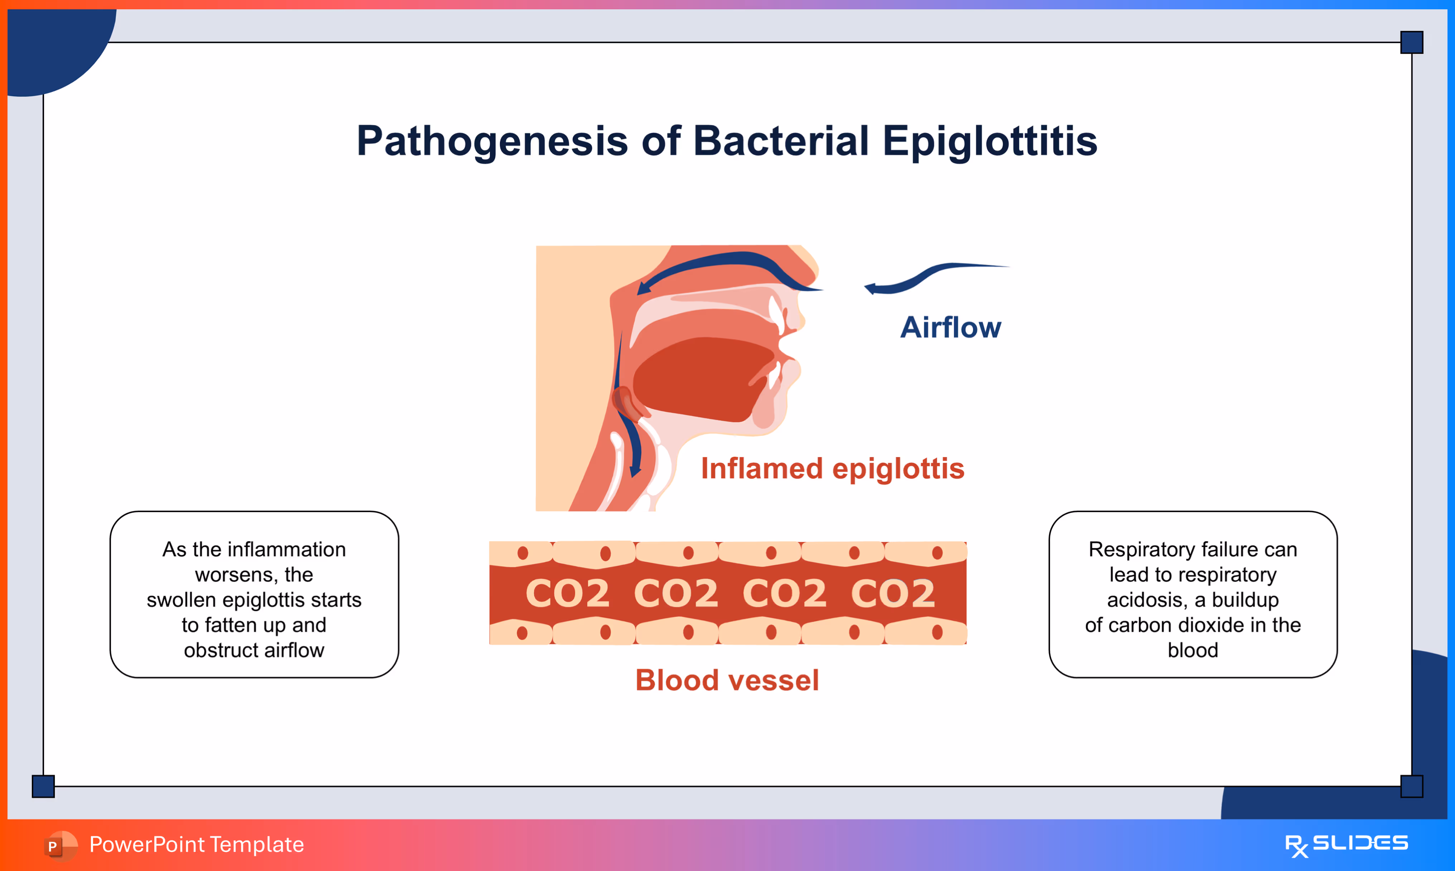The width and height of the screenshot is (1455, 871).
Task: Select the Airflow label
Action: tap(950, 327)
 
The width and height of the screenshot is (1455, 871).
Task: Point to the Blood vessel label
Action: tap(727, 680)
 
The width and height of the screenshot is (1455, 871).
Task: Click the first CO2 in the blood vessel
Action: tap(567, 593)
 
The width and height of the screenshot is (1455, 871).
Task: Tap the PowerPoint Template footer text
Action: tap(197, 844)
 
